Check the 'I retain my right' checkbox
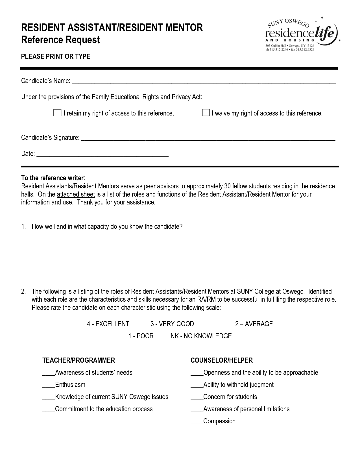click(57, 113)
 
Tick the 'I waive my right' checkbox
click(206, 113)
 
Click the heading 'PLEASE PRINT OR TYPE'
click(56, 56)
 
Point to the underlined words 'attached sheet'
click(76, 194)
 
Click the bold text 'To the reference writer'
click(52, 178)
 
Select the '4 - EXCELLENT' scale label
click(108, 324)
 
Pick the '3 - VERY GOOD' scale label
click(172, 324)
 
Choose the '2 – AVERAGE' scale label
click(254, 324)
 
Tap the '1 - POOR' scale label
click(141, 336)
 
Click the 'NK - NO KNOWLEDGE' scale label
click(201, 336)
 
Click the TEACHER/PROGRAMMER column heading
click(78, 360)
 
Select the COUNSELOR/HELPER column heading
click(222, 360)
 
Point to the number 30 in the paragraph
click(227, 186)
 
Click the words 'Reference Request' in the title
click(60, 40)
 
